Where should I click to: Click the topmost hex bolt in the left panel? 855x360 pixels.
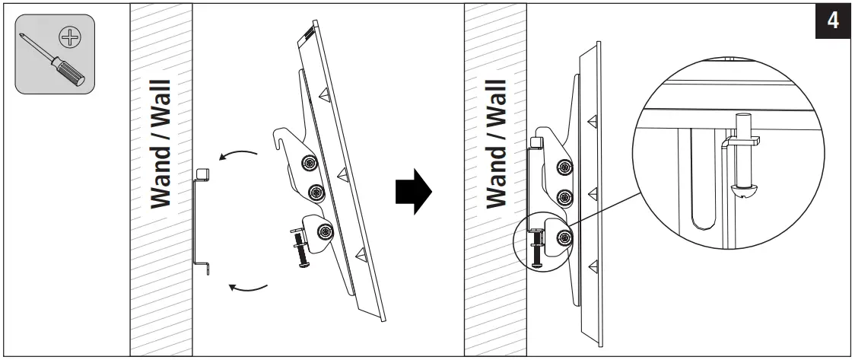309,163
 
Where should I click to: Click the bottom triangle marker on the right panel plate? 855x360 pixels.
591,263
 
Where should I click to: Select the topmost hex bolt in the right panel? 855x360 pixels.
564,167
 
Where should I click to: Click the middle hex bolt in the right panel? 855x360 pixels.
564,198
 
